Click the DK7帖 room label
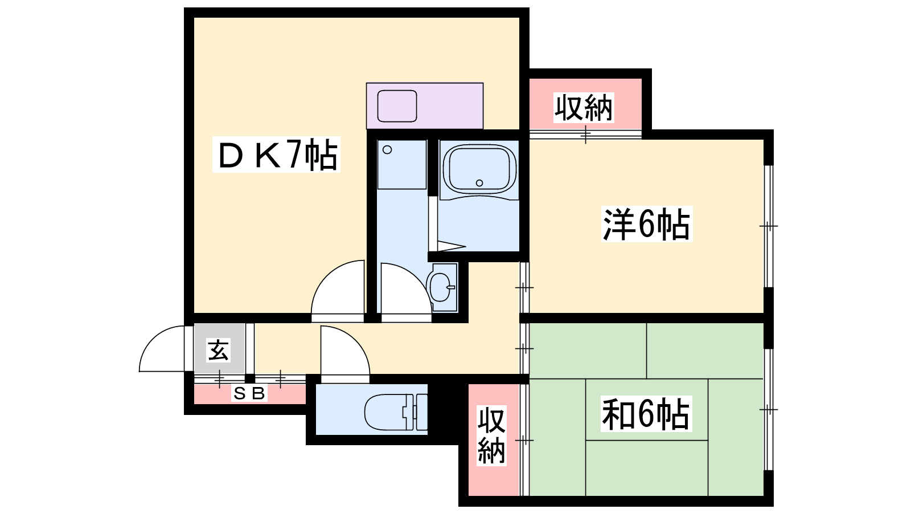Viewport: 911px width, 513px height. (277, 154)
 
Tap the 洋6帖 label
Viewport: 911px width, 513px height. (647, 225)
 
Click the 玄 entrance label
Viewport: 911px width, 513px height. (219, 350)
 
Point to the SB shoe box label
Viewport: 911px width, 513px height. (249, 393)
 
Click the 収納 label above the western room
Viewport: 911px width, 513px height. (584, 108)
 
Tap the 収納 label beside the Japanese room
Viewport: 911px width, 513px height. (491, 435)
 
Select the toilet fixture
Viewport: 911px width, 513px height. (396, 412)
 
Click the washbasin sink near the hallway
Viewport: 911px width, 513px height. (441, 287)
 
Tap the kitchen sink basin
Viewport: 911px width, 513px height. (397, 106)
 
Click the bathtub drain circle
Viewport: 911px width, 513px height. (479, 183)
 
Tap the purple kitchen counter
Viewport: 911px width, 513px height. (425, 106)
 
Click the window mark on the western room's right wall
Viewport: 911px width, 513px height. (769, 226)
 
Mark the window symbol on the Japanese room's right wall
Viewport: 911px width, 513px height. (769, 409)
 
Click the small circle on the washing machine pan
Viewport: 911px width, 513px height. (387, 150)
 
